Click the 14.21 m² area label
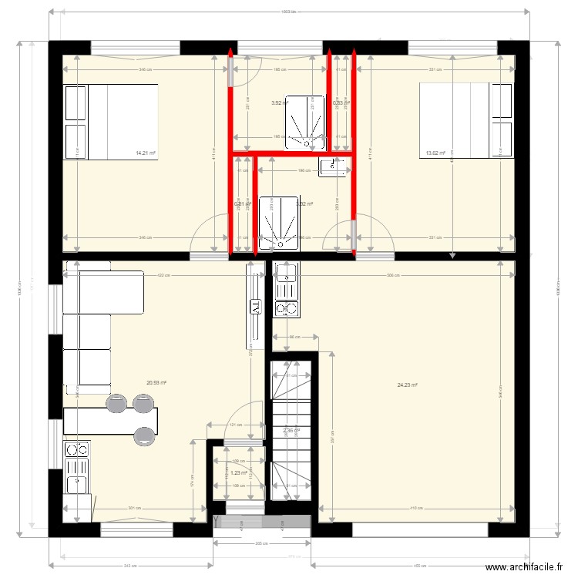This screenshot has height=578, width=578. pos(146,153)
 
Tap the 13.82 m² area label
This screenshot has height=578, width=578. pos(435,153)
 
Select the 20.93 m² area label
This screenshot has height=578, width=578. pos(157,382)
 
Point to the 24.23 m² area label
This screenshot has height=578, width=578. pos(407,385)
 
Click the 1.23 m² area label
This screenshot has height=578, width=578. pos(238,472)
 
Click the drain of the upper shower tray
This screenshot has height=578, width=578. pos(308,143)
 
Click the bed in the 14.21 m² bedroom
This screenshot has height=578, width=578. pos(112,122)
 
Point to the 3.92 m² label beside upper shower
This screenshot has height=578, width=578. pos(279,102)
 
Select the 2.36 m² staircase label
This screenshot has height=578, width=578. pos(291,431)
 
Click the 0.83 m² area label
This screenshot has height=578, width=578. pos(341,102)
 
